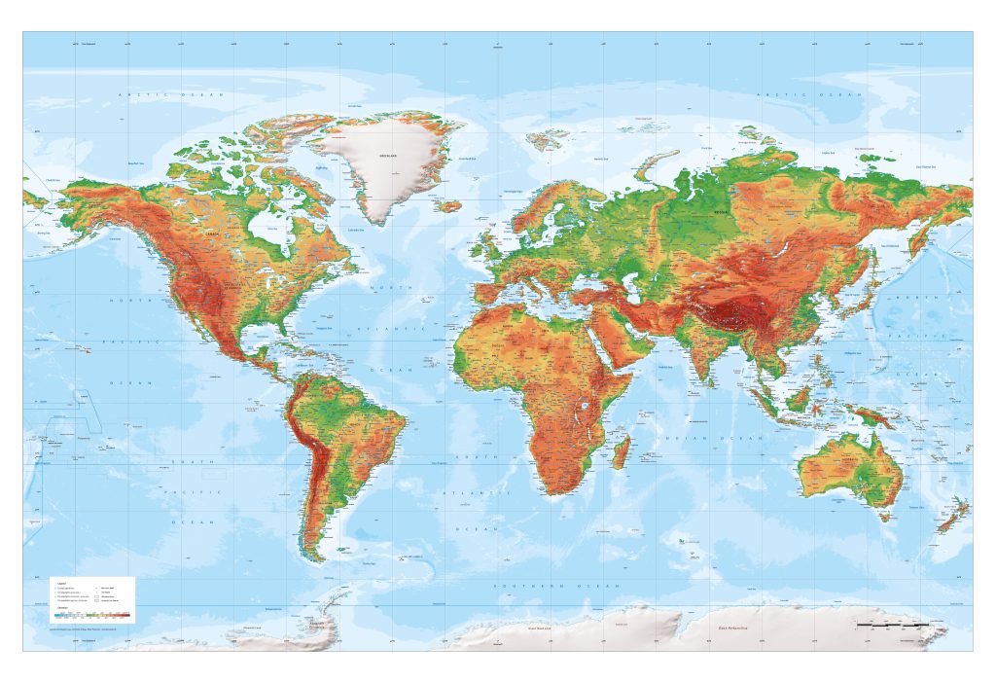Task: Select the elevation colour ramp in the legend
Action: (92, 615)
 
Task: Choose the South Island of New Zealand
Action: (945, 521)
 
